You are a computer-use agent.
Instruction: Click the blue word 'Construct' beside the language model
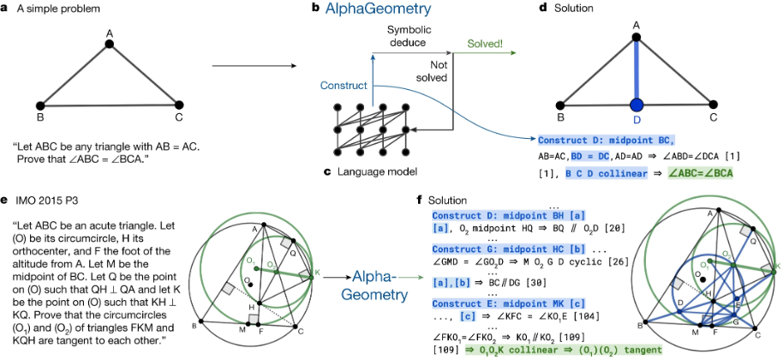(343, 86)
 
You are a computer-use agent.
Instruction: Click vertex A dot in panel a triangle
(110, 45)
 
